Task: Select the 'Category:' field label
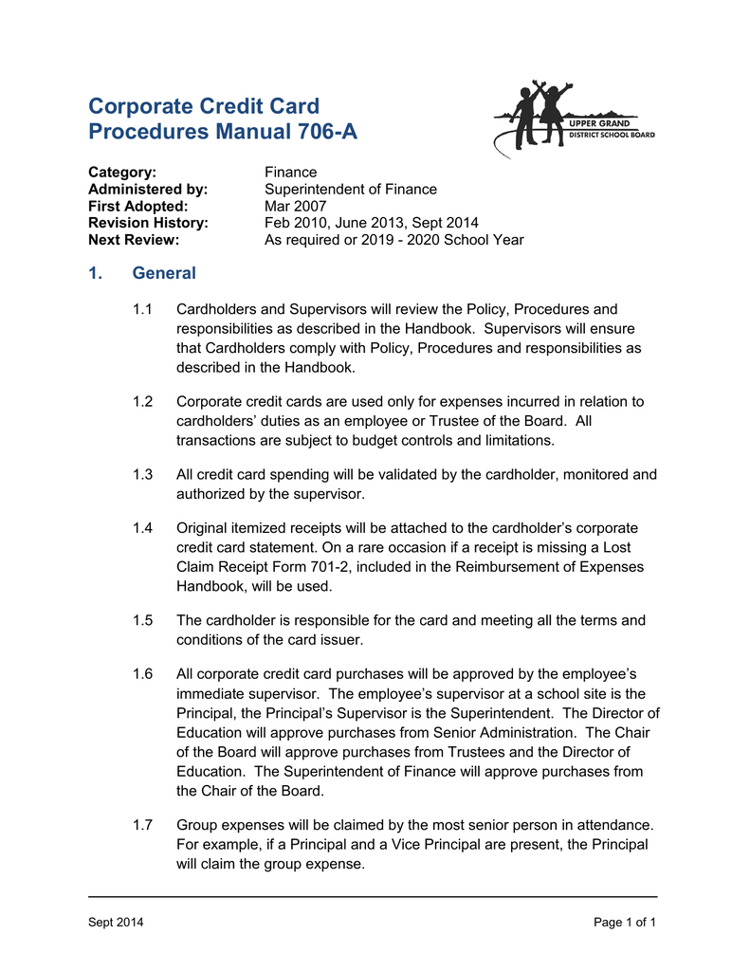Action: pos(121,172)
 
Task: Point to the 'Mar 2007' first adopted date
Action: pos(295,206)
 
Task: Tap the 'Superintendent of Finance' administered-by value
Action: pos(350,189)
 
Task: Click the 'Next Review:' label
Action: pos(134,240)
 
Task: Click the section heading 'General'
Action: pos(164,274)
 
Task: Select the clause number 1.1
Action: pos(143,309)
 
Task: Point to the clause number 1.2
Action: pos(143,402)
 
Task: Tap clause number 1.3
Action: pos(143,474)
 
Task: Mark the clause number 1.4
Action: pos(143,528)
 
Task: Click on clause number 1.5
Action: pos(143,620)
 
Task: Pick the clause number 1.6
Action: pos(143,674)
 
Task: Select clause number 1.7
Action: pos(143,825)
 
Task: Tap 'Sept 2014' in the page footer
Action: pos(116,923)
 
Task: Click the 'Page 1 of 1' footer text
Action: pos(625,923)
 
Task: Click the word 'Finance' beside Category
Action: pos(290,172)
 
